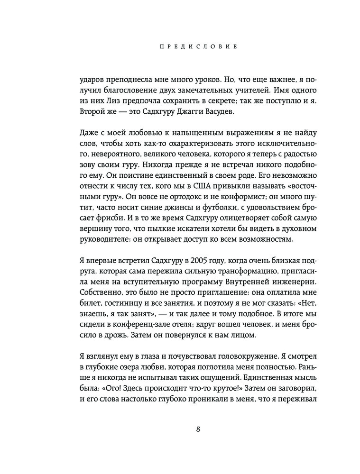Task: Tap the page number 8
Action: pyautogui.click(x=198, y=429)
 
